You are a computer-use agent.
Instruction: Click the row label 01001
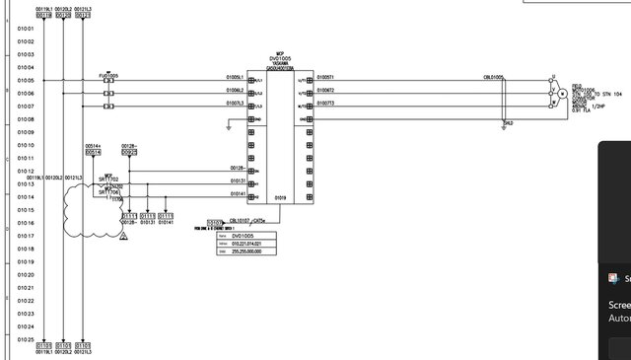point(26,28)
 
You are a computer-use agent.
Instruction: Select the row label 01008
point(26,119)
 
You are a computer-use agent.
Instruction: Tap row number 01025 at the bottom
point(26,339)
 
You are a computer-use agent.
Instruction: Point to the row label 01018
point(26,250)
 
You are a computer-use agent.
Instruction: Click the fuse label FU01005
point(108,75)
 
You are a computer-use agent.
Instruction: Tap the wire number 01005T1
point(325,77)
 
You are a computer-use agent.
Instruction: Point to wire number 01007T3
point(325,103)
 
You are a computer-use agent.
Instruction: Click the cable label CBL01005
point(494,77)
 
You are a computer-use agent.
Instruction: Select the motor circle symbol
point(562,93)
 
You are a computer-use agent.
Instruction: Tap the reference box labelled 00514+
point(93,152)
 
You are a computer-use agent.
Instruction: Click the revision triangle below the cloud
point(122,238)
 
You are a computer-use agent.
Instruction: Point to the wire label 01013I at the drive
point(238,180)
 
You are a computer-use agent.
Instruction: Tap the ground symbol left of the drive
point(228,126)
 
